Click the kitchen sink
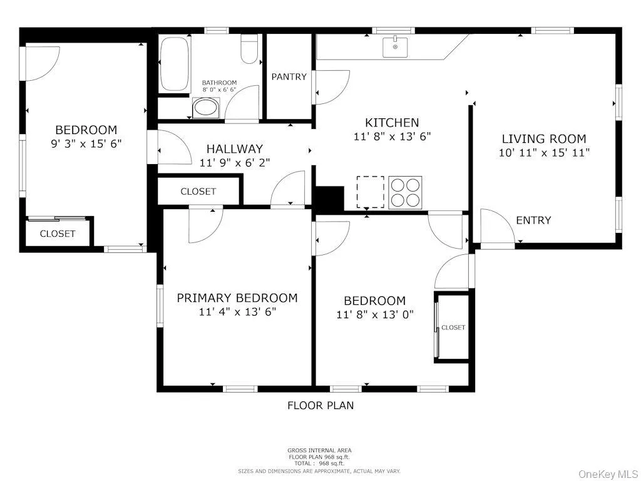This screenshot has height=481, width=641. click(396, 46)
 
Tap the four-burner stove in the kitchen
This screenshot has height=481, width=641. click(406, 192)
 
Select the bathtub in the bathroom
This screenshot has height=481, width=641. click(173, 65)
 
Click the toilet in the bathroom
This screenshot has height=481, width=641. click(249, 49)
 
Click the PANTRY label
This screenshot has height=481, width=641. click(289, 76)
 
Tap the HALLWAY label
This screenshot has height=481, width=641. click(235, 149)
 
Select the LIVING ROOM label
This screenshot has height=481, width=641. click(544, 139)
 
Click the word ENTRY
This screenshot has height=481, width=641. click(533, 220)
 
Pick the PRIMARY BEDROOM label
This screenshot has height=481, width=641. click(237, 298)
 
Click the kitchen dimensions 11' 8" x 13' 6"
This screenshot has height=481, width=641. click(392, 136)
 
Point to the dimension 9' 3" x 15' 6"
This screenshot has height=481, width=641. click(86, 143)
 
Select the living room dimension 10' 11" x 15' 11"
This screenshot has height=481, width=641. click(544, 152)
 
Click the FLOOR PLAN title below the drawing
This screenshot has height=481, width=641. click(320, 405)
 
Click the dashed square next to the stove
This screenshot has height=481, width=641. click(370, 192)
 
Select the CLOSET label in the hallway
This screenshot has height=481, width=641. click(198, 192)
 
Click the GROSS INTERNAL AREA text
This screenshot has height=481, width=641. click(319, 450)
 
